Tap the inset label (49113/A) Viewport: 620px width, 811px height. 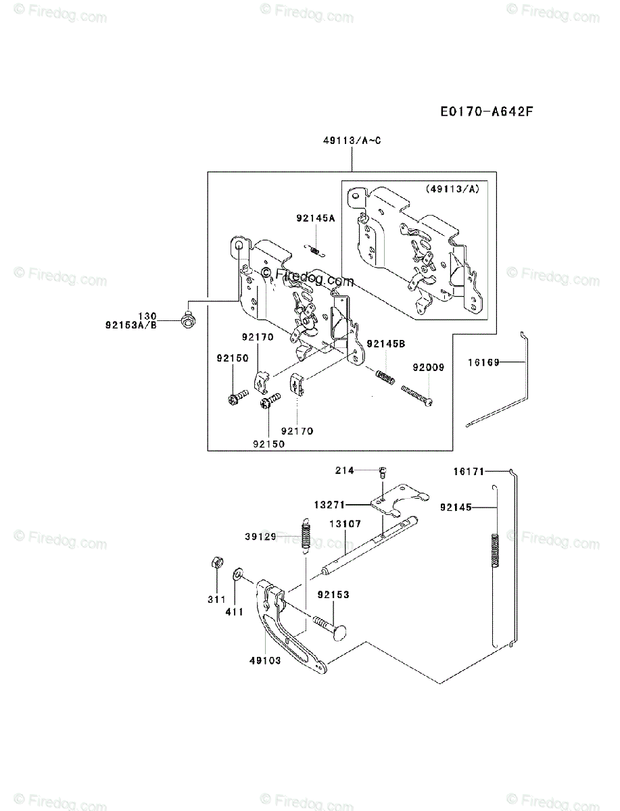point(452,190)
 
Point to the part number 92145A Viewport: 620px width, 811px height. point(315,218)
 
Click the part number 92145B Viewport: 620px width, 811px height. point(385,344)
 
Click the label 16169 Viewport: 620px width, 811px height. point(483,363)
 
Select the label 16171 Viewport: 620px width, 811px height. point(469,472)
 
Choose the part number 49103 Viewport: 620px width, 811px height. point(264,660)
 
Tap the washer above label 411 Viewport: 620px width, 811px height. point(238,574)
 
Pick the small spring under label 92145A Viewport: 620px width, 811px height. point(315,249)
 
